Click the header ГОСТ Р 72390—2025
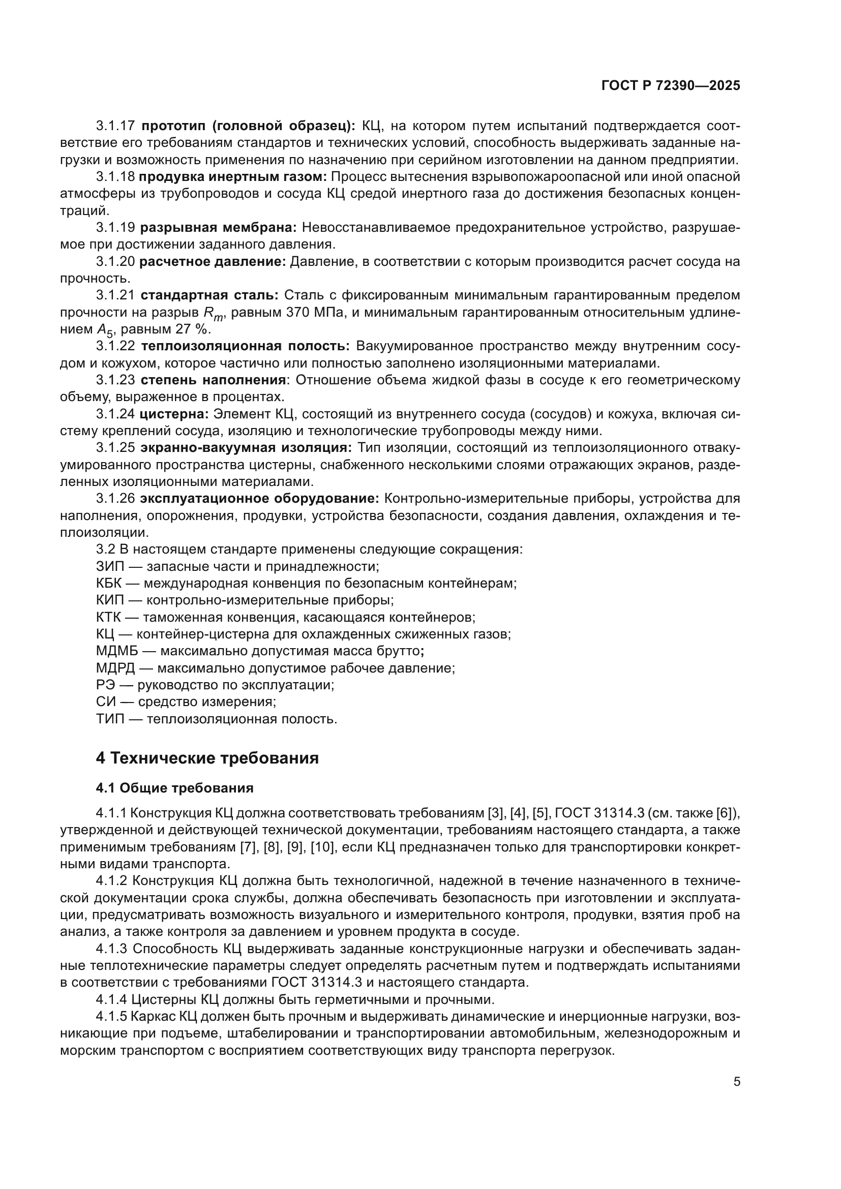(x=671, y=86)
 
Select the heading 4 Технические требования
(x=207, y=758)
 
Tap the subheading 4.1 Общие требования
(x=174, y=788)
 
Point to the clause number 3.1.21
(x=115, y=295)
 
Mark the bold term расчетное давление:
(x=213, y=261)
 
